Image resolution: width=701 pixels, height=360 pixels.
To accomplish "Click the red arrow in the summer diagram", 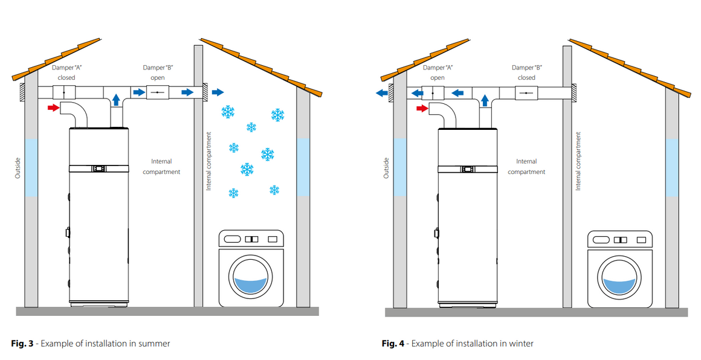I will point(54,108).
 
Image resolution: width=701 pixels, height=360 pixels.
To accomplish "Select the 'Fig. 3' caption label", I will point(23,344).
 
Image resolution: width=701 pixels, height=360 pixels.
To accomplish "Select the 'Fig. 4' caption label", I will point(393,344).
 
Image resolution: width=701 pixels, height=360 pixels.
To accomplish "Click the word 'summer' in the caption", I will point(153,344).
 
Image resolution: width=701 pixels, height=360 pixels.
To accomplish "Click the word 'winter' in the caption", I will point(521,344).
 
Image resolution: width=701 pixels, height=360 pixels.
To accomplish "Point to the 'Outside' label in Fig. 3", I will point(18,167).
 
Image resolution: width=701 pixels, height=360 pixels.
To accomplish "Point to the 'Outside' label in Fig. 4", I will point(386,167).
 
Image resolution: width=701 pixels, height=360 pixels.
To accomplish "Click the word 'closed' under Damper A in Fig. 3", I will point(66,78).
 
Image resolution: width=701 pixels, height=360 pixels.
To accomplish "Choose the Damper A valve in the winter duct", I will point(433,92).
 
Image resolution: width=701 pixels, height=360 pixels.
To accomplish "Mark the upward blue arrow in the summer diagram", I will point(116,100).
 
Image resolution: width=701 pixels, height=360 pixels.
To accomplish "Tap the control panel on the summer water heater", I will point(99,169).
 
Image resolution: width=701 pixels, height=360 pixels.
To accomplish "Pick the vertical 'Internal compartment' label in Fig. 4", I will point(578,161).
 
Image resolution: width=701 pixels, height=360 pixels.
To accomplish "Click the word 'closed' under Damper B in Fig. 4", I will point(526,78).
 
